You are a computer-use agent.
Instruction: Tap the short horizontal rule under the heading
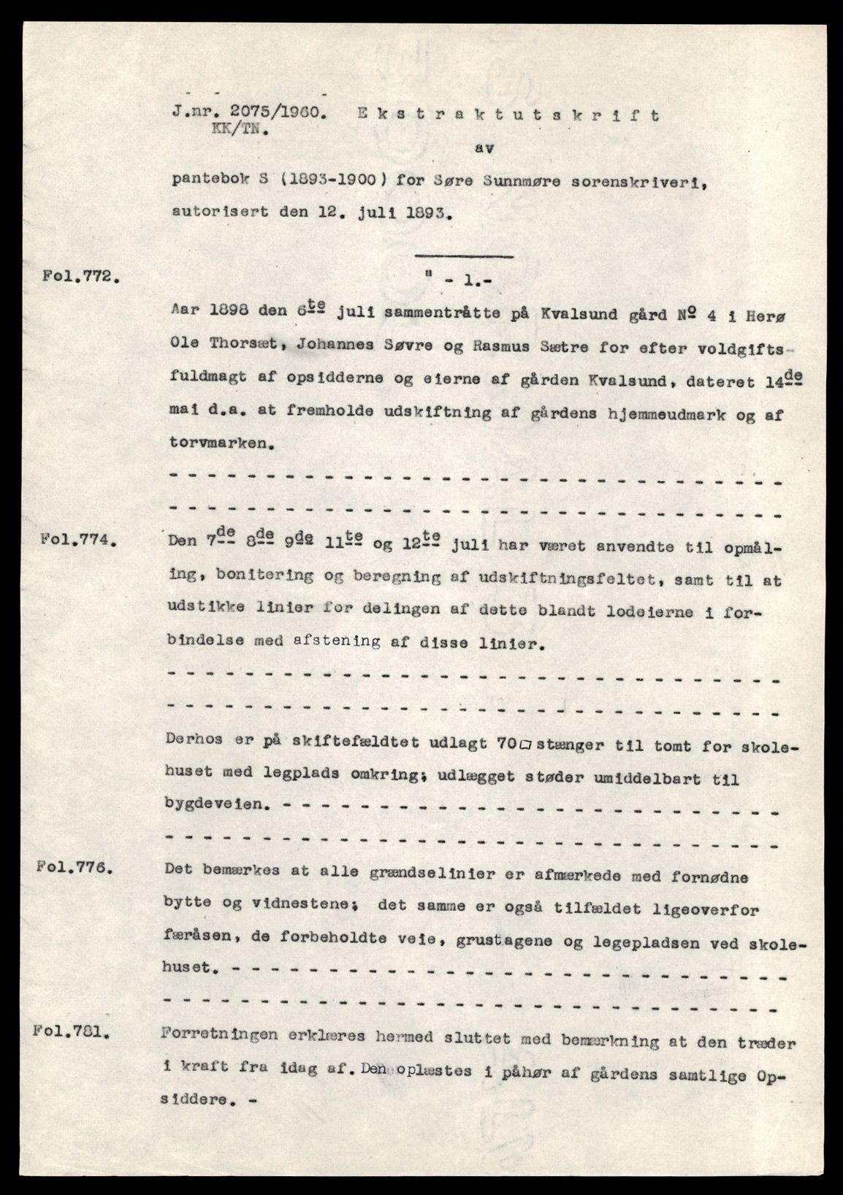click(x=463, y=255)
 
